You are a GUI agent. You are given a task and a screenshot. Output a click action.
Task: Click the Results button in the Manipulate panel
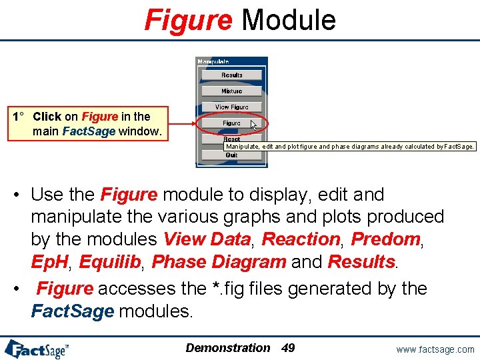(x=231, y=75)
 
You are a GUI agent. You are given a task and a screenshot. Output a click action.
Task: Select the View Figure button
(x=231, y=107)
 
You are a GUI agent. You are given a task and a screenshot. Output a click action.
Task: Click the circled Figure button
(x=231, y=123)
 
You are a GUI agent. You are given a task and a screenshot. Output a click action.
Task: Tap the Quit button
(x=231, y=155)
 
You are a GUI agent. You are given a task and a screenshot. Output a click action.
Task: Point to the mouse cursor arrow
(x=254, y=125)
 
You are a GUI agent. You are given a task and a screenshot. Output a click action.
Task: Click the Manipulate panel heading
(x=213, y=62)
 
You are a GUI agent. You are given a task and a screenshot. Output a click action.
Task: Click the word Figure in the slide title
(x=188, y=20)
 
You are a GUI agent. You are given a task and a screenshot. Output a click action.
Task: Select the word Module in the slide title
(x=288, y=20)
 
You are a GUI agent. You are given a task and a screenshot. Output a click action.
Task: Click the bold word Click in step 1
(x=47, y=117)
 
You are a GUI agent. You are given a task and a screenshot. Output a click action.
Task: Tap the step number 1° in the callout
(x=18, y=117)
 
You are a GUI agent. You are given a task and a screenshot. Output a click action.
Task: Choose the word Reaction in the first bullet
(x=301, y=239)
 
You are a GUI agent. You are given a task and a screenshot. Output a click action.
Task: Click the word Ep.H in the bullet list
(x=50, y=261)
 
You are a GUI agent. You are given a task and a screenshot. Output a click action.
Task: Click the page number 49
(x=288, y=347)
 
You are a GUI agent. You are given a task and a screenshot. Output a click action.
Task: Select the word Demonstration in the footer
(x=228, y=347)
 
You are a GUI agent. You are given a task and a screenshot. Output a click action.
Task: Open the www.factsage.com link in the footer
(x=435, y=349)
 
